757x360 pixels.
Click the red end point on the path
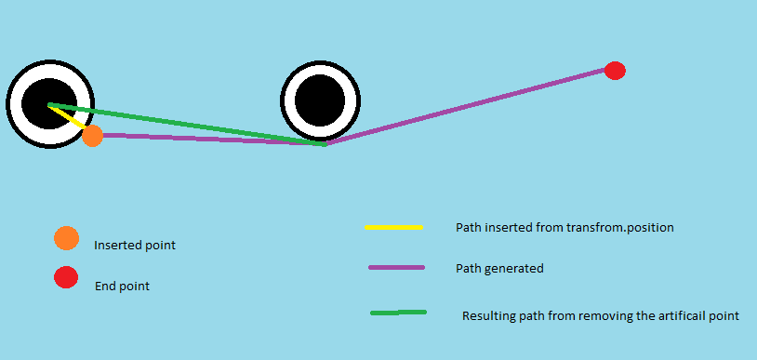[615, 71]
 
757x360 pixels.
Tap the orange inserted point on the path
[92, 136]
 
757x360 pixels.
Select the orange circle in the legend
[67, 238]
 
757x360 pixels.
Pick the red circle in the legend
[66, 277]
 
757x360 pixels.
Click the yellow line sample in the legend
[394, 227]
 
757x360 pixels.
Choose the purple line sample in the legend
[397, 267]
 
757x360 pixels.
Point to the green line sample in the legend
[398, 313]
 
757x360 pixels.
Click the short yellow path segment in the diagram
[68, 116]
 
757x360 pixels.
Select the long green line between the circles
[187, 125]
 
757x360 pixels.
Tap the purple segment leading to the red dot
[466, 106]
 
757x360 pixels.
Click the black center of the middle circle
[320, 101]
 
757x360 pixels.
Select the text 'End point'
[122, 287]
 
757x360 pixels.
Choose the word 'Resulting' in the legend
[485, 316]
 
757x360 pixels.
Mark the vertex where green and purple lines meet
[325, 144]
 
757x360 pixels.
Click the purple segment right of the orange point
[212, 140]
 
